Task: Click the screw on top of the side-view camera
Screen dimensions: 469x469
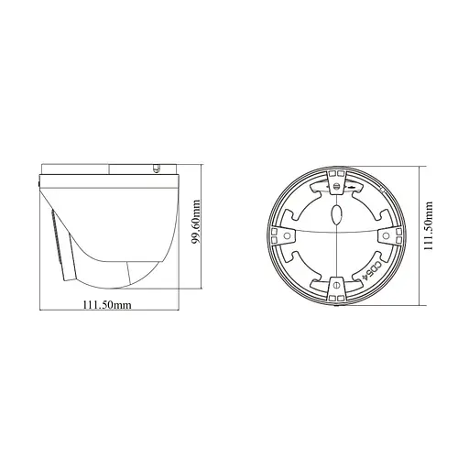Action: (157, 169)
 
